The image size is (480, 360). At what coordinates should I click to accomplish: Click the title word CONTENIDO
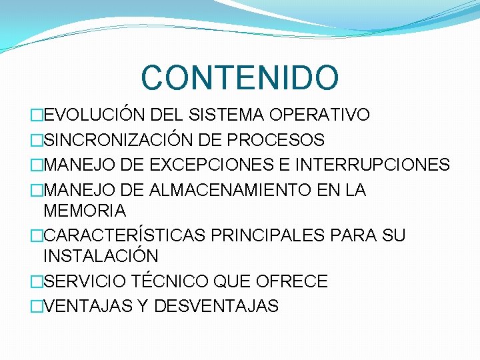coord(239,77)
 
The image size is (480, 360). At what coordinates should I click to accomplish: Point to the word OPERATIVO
coord(319,115)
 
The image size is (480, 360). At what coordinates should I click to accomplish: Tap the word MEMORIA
coord(84,211)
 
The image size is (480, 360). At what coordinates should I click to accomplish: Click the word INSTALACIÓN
coord(101,256)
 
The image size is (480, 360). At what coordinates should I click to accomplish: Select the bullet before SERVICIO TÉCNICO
coord(36,282)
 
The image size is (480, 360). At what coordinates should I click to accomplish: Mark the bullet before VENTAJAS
coord(36,307)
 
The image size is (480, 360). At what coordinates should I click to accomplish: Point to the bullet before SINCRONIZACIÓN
coord(36,141)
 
